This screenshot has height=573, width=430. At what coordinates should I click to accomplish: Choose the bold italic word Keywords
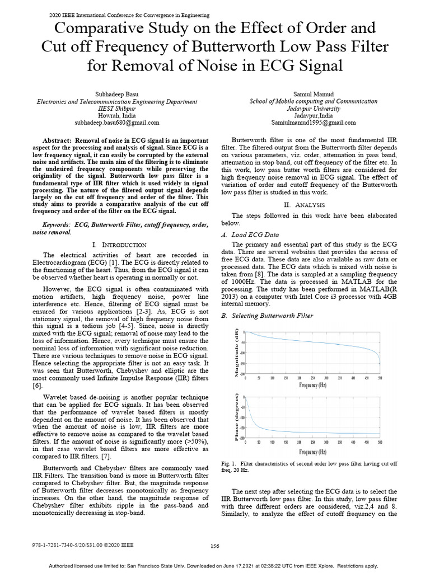point(59,224)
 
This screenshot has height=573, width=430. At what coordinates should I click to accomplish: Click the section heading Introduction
point(120,245)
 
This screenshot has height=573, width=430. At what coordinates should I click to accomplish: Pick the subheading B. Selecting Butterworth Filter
point(268,316)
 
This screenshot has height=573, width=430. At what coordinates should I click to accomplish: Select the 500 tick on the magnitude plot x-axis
point(380,378)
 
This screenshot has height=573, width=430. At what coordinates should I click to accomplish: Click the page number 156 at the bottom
point(214,546)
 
